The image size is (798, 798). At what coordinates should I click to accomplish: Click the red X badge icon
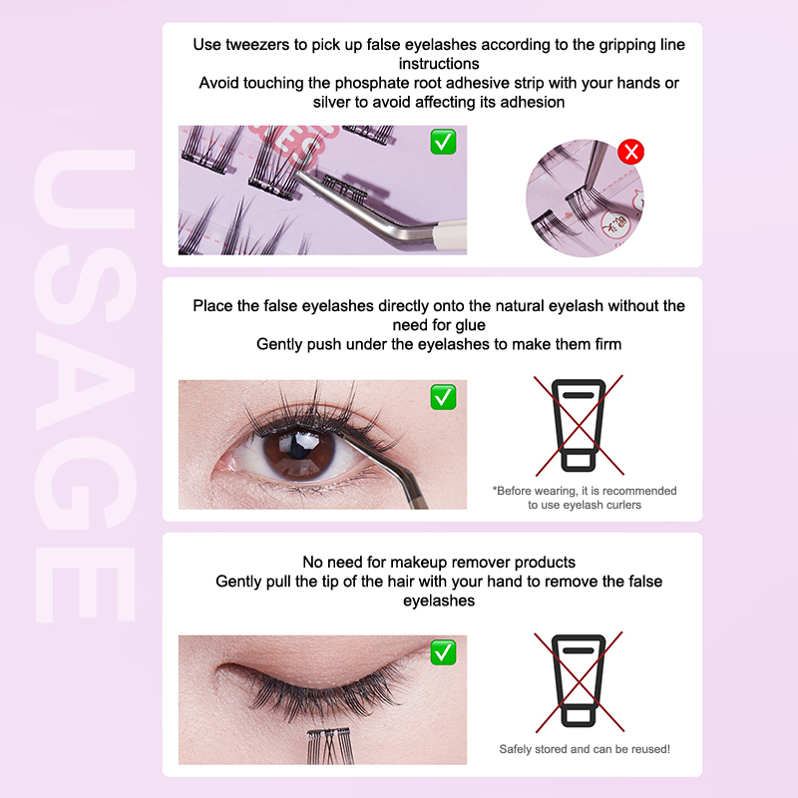631,152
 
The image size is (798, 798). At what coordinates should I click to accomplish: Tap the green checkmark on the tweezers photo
443,142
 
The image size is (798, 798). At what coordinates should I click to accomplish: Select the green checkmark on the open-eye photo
443,397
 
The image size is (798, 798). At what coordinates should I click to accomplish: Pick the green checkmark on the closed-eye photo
443,652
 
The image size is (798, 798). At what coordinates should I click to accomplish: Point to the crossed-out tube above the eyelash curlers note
579,425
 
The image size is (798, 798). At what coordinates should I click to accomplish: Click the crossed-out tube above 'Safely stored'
579,681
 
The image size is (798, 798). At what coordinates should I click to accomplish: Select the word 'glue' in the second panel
470,325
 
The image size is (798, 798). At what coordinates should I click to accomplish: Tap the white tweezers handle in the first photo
450,235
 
